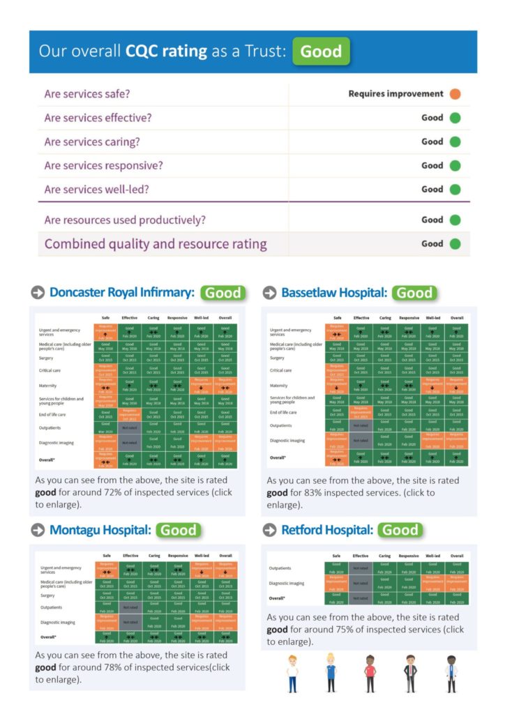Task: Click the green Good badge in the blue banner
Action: (x=321, y=52)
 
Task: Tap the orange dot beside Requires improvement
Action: (x=455, y=94)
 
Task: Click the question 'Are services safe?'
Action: (x=87, y=94)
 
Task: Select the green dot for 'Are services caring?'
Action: (x=455, y=142)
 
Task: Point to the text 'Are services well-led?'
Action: (x=96, y=189)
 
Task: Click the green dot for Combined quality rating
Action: (x=455, y=244)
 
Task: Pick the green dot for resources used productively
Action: (x=455, y=220)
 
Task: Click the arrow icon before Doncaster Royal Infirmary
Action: (x=38, y=293)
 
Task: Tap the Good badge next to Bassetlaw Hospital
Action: (x=414, y=293)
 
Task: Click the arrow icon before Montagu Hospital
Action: (x=38, y=530)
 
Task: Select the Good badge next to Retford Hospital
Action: (x=400, y=530)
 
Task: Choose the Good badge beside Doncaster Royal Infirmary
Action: (x=223, y=293)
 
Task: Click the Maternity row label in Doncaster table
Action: (x=49, y=386)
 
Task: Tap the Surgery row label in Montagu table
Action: (x=47, y=595)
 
